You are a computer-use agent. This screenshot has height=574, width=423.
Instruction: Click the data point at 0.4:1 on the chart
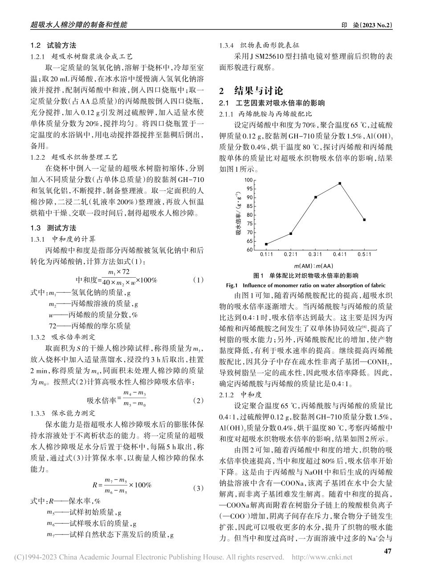(x=340, y=183)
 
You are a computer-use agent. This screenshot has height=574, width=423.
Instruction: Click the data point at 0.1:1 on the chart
(x=266, y=244)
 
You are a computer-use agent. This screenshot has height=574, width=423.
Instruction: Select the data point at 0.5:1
(x=364, y=219)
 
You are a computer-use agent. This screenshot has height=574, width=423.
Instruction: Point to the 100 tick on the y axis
(x=248, y=180)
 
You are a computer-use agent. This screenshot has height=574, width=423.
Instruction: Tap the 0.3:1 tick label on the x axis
(x=315, y=255)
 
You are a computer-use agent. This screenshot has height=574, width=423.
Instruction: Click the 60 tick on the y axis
(x=249, y=250)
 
